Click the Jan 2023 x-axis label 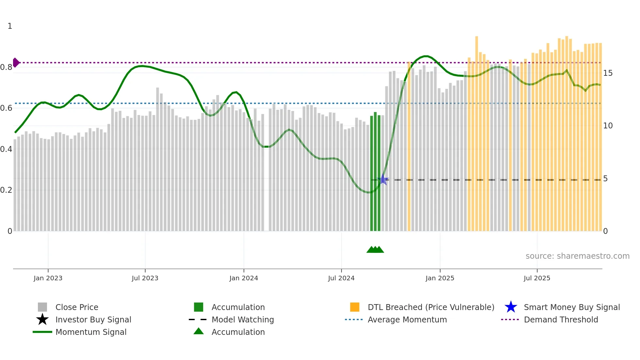(48, 278)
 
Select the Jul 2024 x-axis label (341, 278)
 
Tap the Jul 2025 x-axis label (537, 278)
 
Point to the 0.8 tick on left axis (6, 67)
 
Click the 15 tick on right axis (608, 73)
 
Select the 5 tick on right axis (605, 179)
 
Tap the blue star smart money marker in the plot (383, 180)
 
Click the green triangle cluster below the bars (375, 250)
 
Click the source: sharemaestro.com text (577, 256)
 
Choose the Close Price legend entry (77, 307)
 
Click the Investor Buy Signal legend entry (93, 319)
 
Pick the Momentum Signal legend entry (91, 332)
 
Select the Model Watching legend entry (242, 319)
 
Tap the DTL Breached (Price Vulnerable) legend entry (431, 307)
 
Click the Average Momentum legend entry (407, 319)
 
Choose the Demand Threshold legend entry (561, 319)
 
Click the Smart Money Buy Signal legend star (511, 307)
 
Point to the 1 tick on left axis (10, 26)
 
